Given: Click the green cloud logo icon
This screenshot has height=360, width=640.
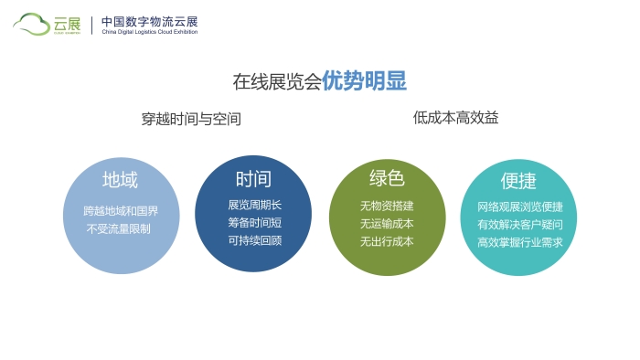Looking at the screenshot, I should [33, 24].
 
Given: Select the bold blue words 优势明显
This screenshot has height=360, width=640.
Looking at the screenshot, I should [364, 80].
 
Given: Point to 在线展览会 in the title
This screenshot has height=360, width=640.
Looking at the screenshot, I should [276, 81].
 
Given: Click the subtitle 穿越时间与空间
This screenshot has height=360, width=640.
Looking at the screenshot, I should [191, 119].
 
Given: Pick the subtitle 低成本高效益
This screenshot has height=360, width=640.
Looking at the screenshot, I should [455, 118].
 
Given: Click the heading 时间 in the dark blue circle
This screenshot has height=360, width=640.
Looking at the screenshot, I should [253, 178].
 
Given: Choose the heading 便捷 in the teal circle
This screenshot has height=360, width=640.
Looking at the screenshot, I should [518, 180].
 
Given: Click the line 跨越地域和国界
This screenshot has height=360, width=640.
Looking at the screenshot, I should [121, 211].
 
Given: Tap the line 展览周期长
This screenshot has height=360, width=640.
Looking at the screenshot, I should [254, 205].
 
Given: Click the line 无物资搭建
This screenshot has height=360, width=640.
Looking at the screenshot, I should [387, 206].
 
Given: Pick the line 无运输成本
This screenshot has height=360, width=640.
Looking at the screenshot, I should [387, 224].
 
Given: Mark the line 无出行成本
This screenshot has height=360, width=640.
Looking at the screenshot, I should [387, 242].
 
